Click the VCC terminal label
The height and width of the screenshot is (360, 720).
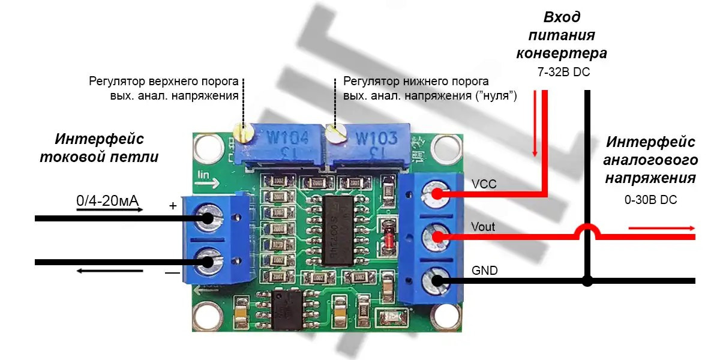(484, 184)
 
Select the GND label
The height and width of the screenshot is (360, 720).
(485, 271)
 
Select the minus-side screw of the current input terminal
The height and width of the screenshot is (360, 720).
(207, 262)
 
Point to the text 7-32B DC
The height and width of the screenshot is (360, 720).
(564, 73)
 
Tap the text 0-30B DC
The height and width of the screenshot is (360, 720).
(650, 200)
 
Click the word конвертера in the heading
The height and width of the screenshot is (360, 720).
(562, 53)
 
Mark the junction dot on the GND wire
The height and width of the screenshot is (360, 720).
(588, 280)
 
